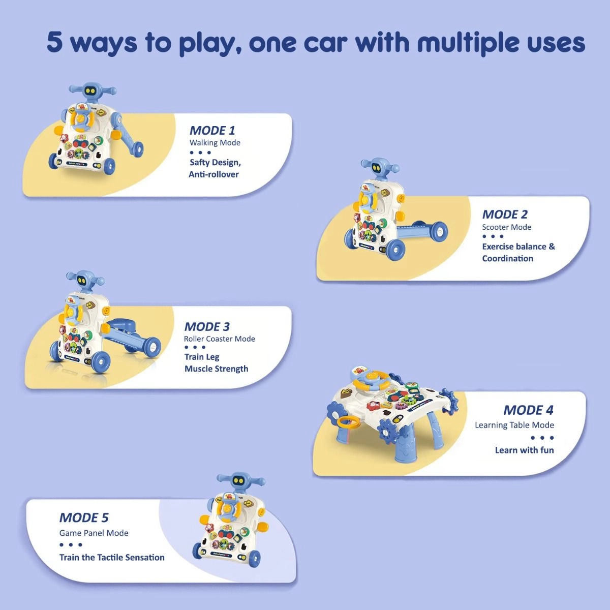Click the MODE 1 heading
coord(212,130)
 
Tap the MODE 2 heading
coord(505,214)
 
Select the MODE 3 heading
coord(207,326)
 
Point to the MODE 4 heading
coord(528,410)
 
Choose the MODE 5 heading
coord(84,517)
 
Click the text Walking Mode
coord(215,143)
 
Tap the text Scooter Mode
coord(506,227)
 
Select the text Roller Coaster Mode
coord(219,339)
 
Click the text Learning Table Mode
coord(514,425)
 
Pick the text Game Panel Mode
coord(94,533)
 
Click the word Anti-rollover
coord(213,174)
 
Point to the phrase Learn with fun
coord(524,450)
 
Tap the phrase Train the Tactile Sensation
coord(112,557)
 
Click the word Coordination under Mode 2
coord(507,258)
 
